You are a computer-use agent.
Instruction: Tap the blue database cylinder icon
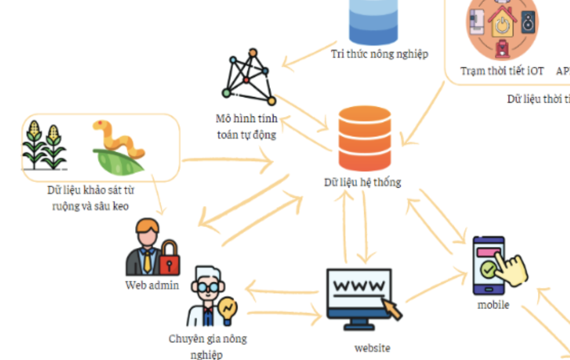[x=373, y=22]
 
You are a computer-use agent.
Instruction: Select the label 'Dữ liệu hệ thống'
[x=362, y=182]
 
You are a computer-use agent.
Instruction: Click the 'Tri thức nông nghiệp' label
[x=379, y=54]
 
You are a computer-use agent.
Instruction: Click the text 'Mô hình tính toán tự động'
[x=246, y=126]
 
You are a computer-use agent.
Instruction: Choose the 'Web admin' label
[x=151, y=285]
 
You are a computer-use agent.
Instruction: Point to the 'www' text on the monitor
[x=359, y=285]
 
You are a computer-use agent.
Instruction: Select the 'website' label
[x=372, y=348]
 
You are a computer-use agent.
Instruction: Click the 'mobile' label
[x=493, y=305]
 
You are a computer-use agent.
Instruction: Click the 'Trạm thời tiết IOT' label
[x=502, y=71]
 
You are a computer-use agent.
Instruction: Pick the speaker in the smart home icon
[x=528, y=22]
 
